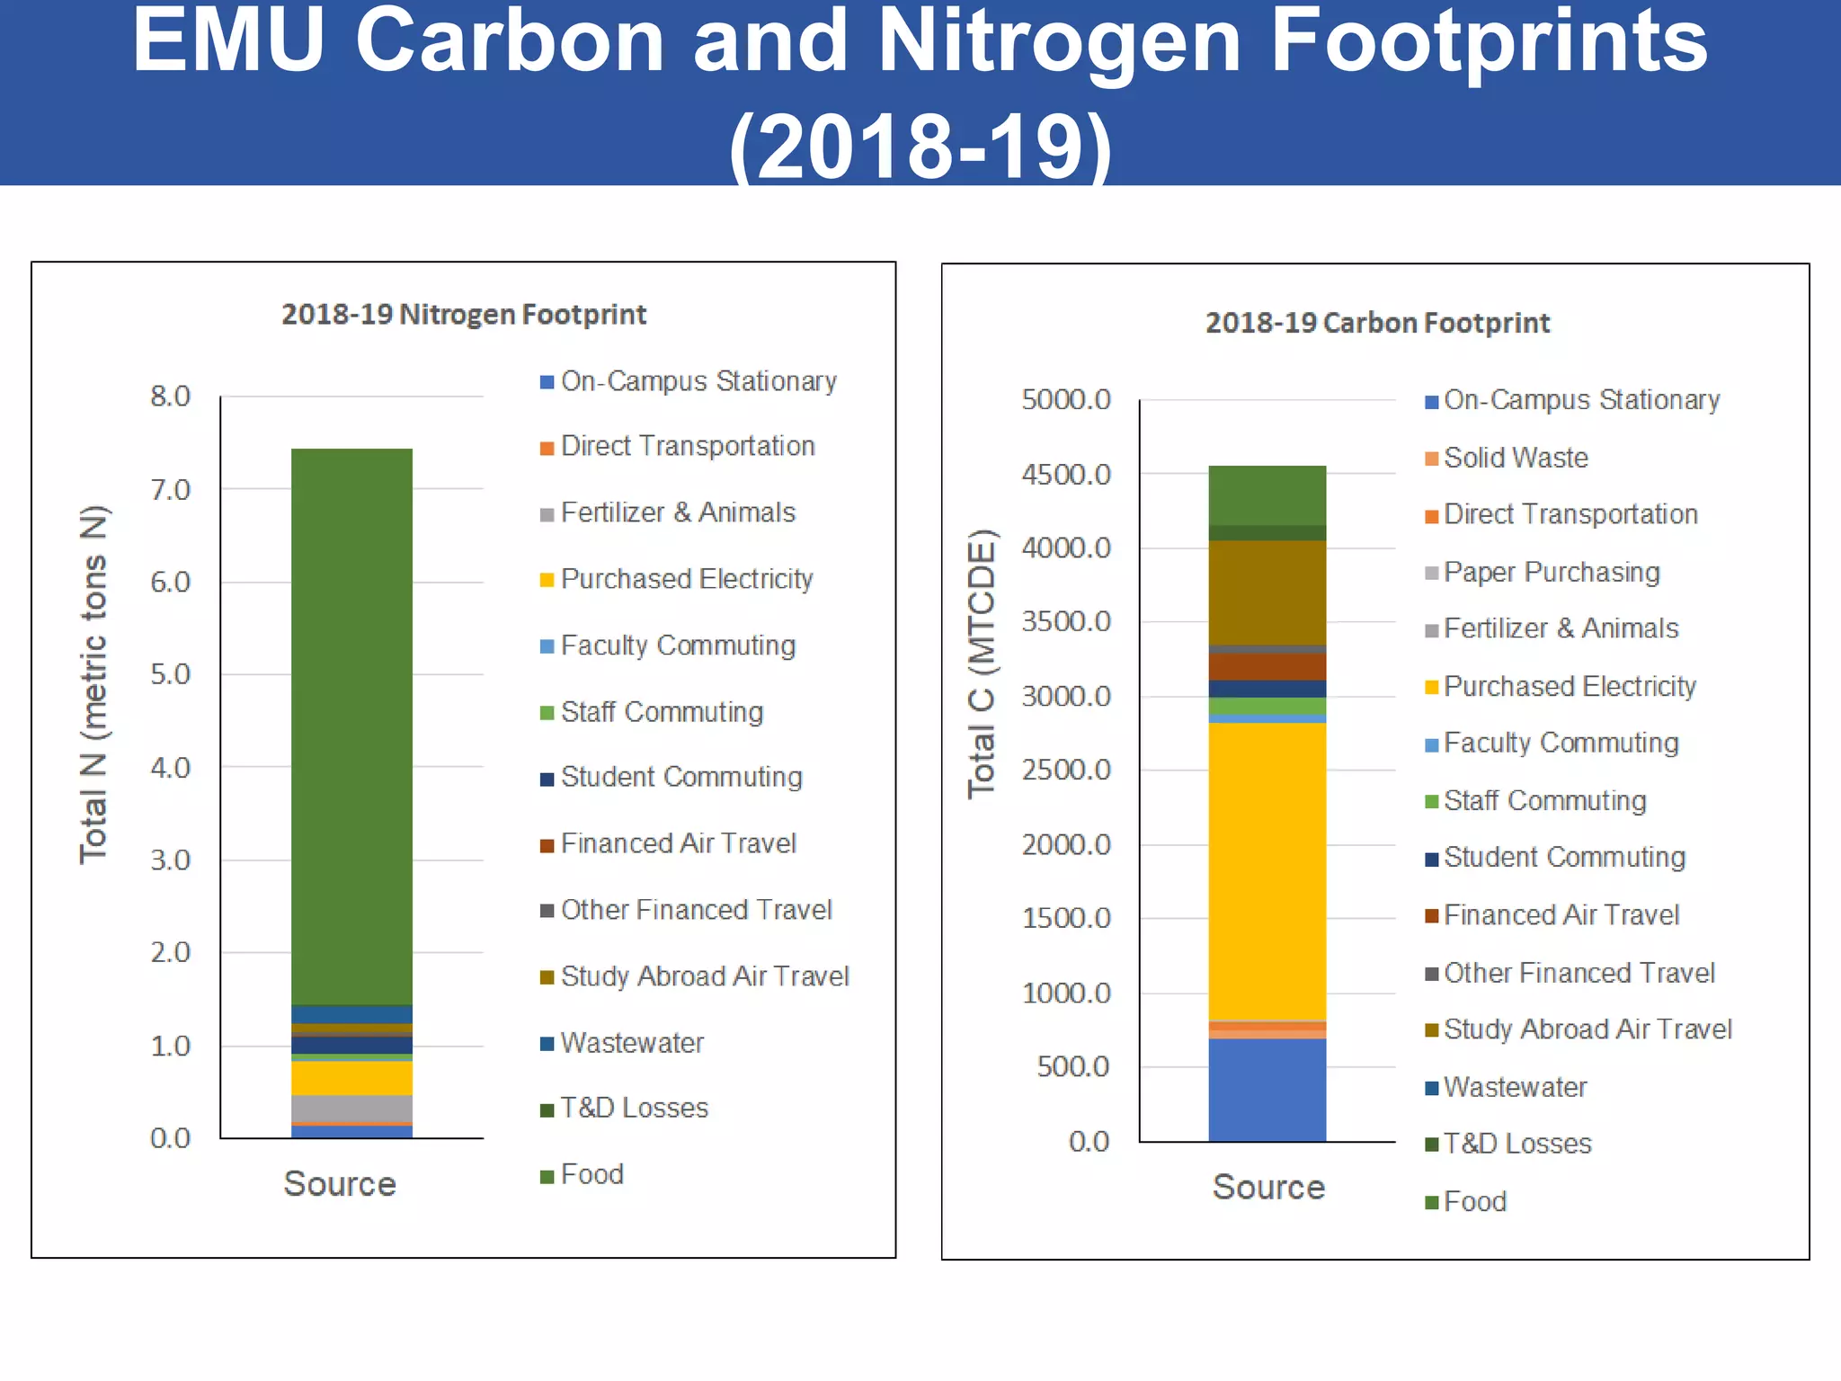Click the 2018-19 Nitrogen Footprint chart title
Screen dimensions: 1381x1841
[x=463, y=315]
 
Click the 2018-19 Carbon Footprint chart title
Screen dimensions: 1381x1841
[x=1376, y=323]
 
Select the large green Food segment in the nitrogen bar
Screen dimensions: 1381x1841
[x=351, y=719]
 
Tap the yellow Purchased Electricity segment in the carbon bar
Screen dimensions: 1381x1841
[x=1267, y=872]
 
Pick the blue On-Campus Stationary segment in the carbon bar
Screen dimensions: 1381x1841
[x=1267, y=1090]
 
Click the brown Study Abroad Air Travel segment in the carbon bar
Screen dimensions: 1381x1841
[x=1267, y=592]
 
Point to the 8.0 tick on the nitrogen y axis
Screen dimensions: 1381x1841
[x=171, y=396]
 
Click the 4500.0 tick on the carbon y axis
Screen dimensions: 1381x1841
[x=1066, y=474]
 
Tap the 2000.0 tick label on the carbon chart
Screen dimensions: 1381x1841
[x=1066, y=844]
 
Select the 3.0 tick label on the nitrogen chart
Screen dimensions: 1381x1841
[x=171, y=860]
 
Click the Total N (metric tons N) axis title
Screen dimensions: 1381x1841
[x=93, y=683]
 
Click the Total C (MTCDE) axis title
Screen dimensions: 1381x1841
[x=982, y=664]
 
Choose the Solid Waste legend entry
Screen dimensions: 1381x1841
[x=1516, y=458]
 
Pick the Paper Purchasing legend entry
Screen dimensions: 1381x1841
[x=1552, y=572]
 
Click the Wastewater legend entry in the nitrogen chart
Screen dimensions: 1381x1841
[x=631, y=1043]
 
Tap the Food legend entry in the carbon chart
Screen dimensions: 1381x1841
[x=1474, y=1201]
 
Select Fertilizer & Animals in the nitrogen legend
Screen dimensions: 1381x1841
[x=678, y=512]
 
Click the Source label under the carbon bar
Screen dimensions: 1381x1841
[x=1268, y=1187]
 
